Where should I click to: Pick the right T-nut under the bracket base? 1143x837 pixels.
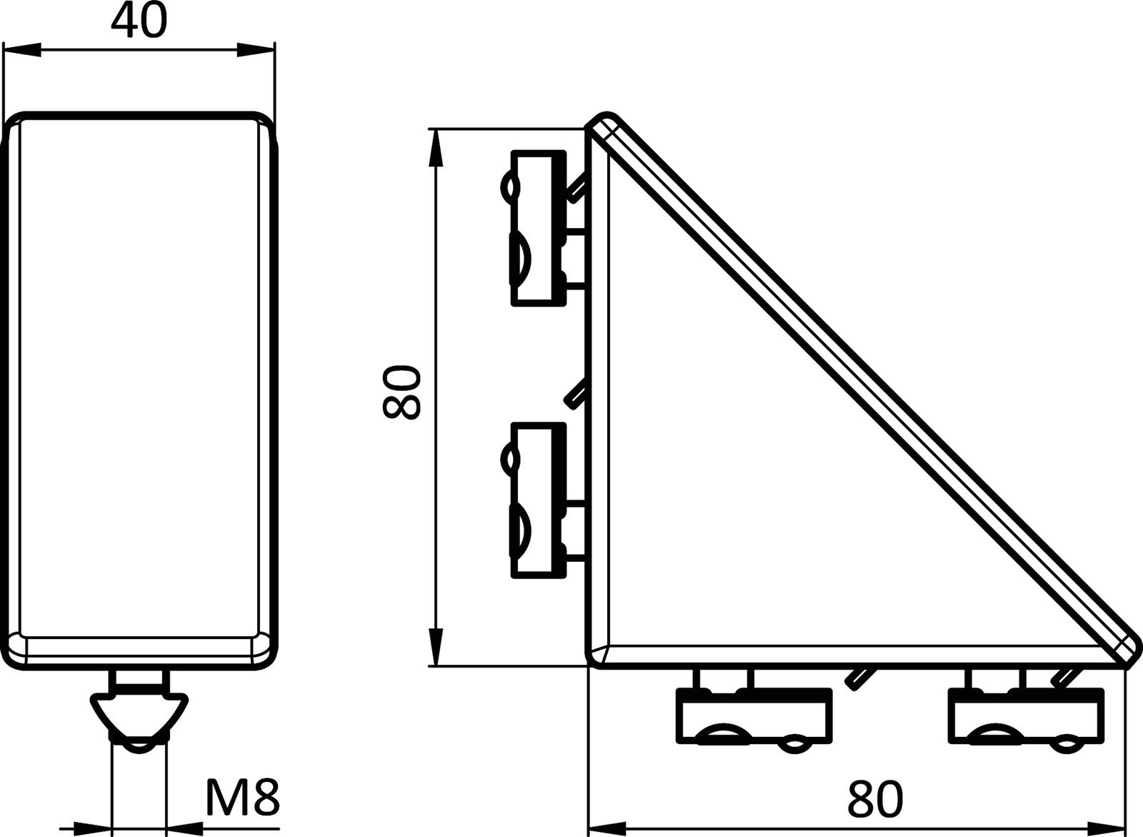[x=1026, y=715]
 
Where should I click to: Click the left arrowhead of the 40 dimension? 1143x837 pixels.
[x=21, y=50]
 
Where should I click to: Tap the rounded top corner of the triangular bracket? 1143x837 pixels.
[x=604, y=127]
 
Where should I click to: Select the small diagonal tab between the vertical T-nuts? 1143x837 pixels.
[x=576, y=393]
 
